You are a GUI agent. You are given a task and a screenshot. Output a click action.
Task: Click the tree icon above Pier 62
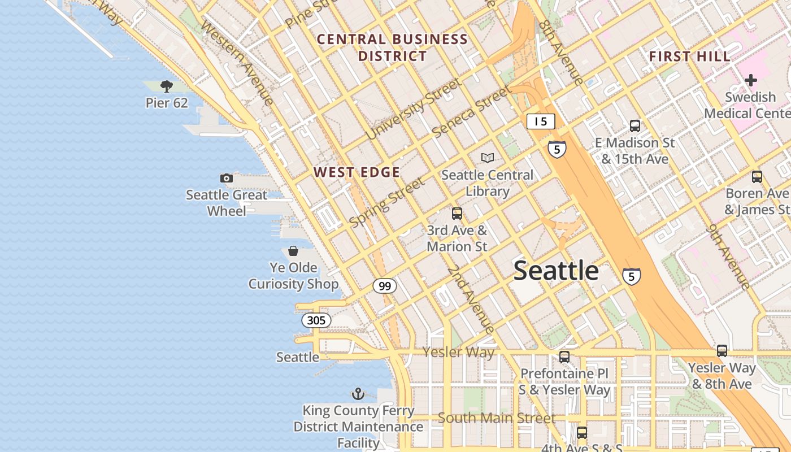(166, 86)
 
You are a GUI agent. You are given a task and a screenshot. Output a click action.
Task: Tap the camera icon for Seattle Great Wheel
(227, 178)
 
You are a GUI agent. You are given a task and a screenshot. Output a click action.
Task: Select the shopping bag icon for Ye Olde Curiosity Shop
(293, 250)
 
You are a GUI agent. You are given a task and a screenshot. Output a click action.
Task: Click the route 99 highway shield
(385, 286)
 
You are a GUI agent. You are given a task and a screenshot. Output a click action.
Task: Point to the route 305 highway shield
(316, 320)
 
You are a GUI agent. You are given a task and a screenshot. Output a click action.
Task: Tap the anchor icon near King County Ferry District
(358, 393)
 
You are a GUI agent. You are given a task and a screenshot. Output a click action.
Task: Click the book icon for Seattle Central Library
(487, 158)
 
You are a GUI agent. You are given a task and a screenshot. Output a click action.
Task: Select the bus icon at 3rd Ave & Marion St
(457, 214)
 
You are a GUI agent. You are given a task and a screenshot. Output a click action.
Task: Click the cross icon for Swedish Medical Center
(750, 80)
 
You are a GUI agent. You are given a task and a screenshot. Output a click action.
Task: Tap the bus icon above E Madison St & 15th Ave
(635, 125)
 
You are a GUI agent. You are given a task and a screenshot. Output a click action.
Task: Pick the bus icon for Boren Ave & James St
(757, 177)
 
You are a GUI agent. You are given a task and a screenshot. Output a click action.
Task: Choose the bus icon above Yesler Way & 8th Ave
(722, 351)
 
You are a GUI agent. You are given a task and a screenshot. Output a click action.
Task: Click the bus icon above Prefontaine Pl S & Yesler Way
(564, 357)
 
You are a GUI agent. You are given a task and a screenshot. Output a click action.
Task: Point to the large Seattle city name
(556, 271)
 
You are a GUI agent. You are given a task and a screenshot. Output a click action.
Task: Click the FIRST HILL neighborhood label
(689, 56)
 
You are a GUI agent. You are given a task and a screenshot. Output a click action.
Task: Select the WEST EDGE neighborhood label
(357, 172)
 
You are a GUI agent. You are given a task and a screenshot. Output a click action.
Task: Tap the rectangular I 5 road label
(541, 121)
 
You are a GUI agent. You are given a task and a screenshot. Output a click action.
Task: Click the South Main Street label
(497, 418)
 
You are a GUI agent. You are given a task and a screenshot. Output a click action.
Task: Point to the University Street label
(414, 108)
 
